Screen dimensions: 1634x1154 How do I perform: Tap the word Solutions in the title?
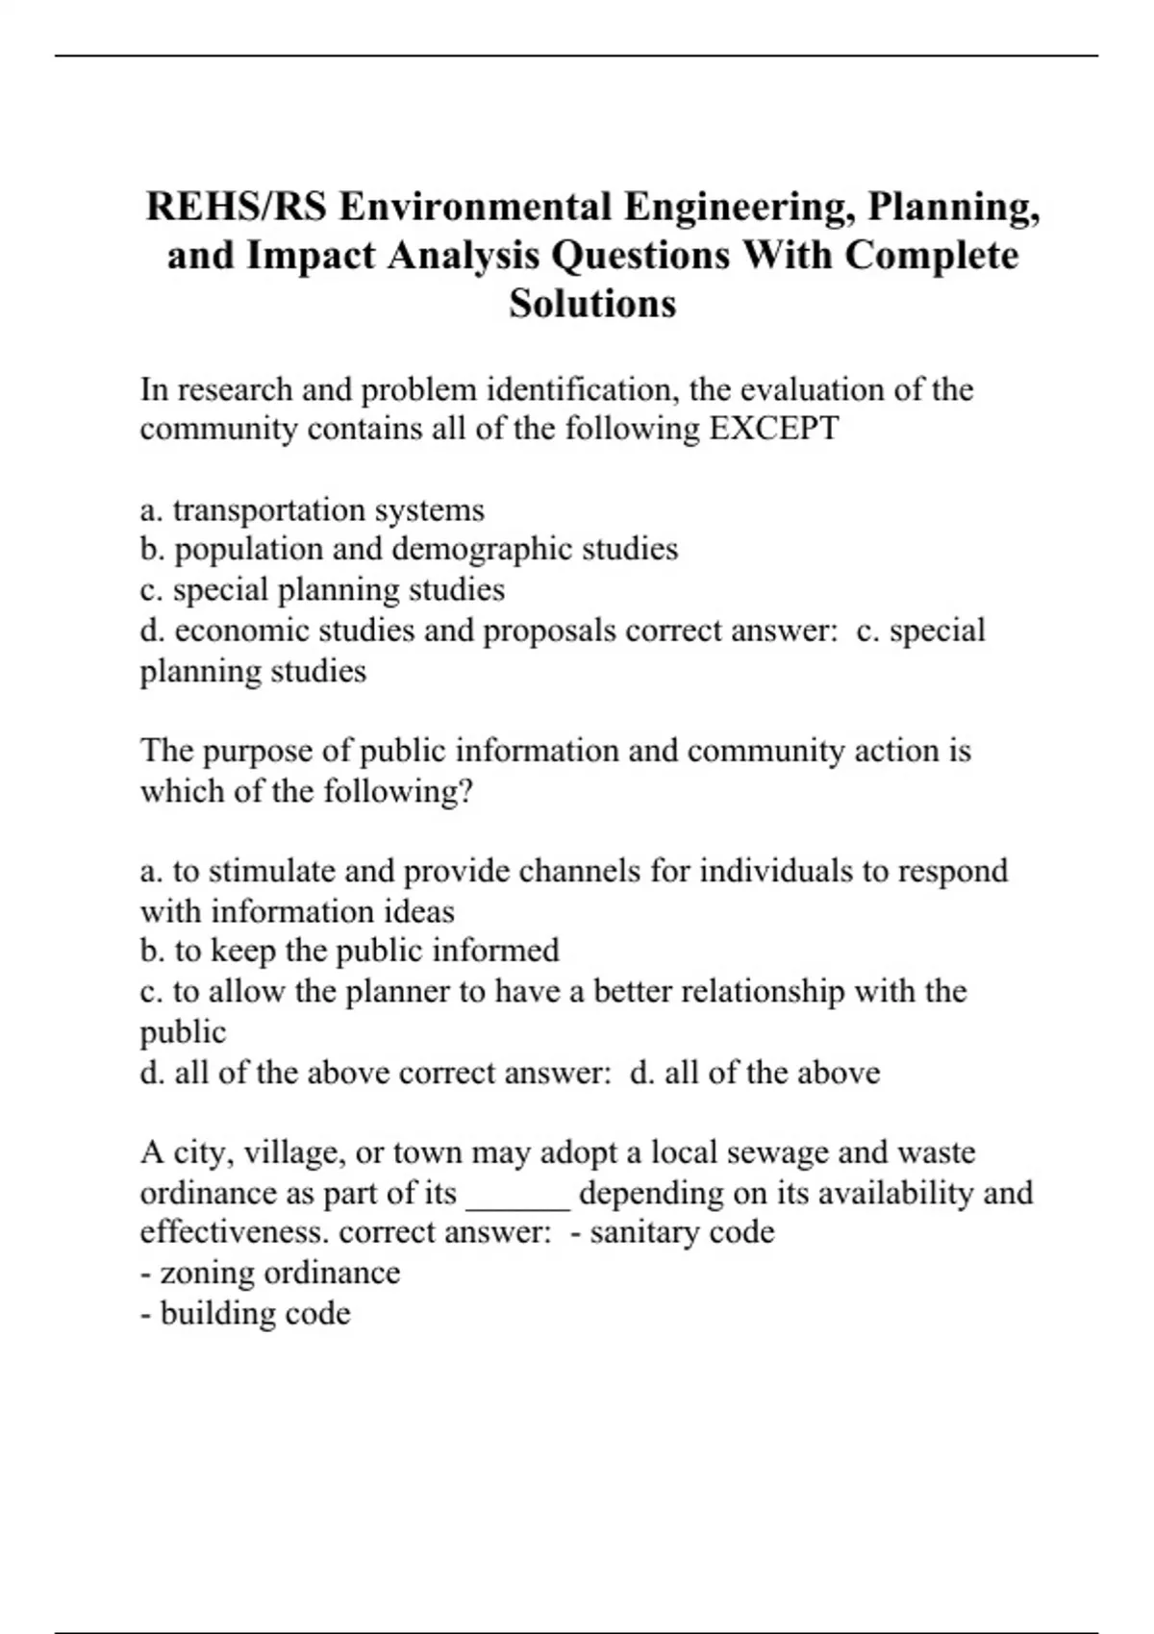tap(592, 304)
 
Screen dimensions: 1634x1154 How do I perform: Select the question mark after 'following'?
tap(467, 791)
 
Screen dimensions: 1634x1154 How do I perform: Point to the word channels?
tap(579, 871)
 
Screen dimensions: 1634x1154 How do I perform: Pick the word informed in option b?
tap(495, 951)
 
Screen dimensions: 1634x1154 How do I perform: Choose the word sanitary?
tap(640, 1233)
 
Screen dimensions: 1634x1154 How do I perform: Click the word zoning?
tap(207, 1274)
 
